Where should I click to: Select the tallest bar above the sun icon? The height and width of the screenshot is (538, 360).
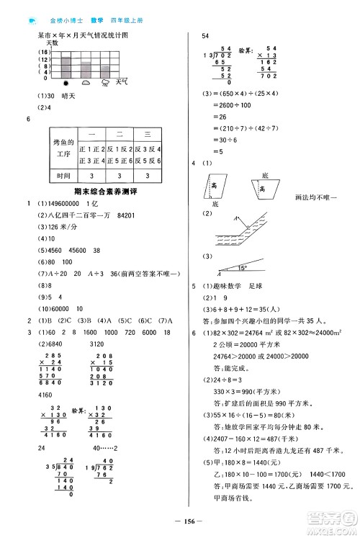coord(66,66)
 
